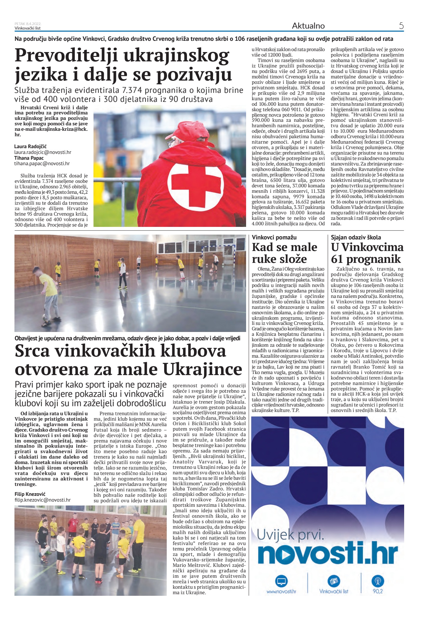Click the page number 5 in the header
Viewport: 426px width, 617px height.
click(401, 26)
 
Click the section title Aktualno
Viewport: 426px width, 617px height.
click(308, 26)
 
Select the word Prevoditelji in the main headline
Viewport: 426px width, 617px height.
click(66, 56)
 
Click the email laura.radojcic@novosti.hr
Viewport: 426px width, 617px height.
click(43, 152)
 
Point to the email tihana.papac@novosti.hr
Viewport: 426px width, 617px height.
click(42, 163)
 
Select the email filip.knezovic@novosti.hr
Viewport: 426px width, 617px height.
click(42, 500)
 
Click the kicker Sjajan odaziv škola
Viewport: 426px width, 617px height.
click(356, 237)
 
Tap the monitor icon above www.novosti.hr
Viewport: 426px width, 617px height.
click(281, 581)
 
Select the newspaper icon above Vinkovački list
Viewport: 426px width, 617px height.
click(333, 581)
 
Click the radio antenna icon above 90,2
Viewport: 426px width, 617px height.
click(377, 581)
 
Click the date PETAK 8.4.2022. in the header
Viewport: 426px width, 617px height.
click(28, 24)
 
